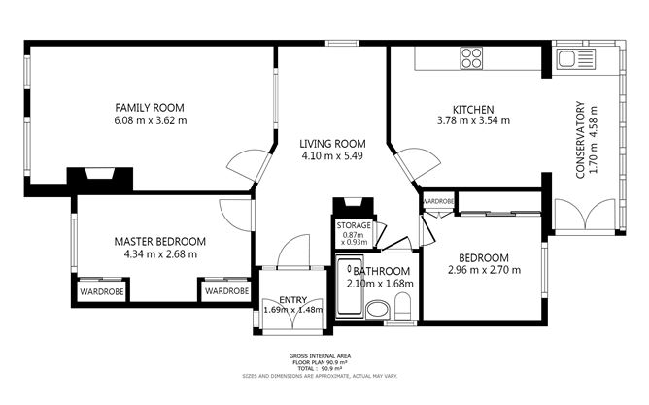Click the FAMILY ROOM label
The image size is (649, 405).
(x=150, y=107)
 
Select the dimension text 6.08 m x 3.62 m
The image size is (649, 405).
(x=150, y=120)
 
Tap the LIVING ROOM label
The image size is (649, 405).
(x=331, y=143)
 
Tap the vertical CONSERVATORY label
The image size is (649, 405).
(x=580, y=139)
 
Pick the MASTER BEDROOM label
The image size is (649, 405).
(x=160, y=241)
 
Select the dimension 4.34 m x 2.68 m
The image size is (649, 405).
(x=160, y=254)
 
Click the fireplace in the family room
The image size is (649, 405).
(x=99, y=178)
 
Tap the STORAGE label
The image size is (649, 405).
(x=354, y=225)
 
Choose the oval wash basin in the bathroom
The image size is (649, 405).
(x=378, y=310)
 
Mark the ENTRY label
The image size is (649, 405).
(x=292, y=299)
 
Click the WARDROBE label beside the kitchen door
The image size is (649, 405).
(x=438, y=201)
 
